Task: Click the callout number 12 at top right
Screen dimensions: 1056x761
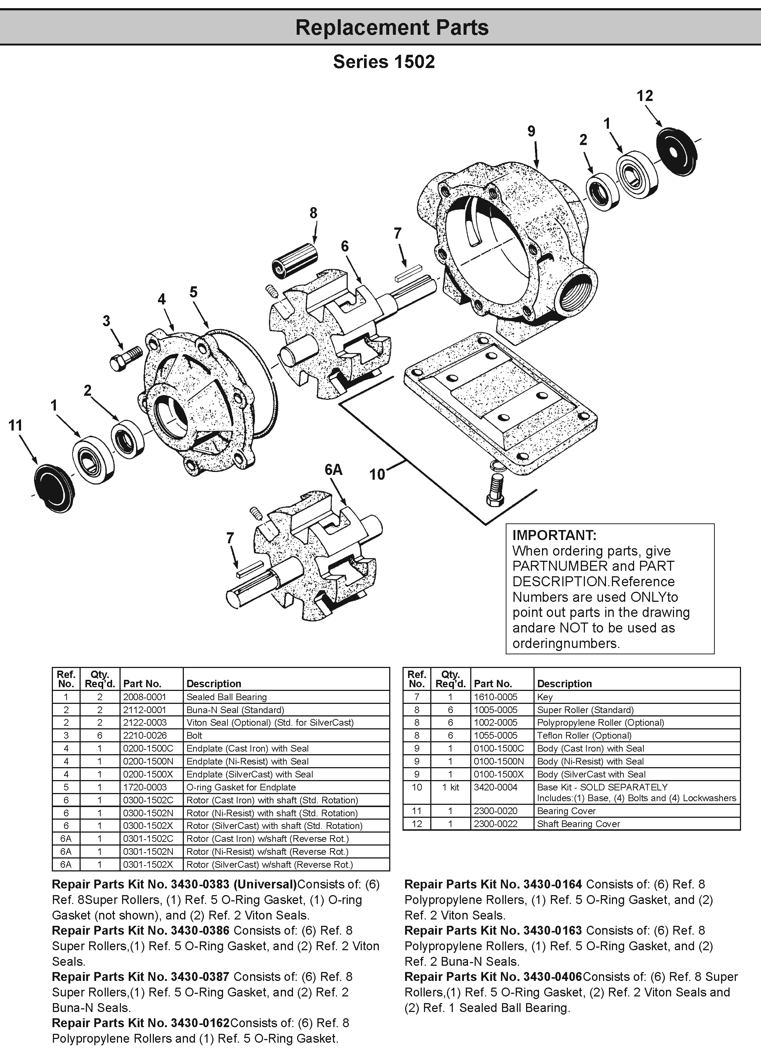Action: [644, 95]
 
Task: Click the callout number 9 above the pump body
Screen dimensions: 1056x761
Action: [531, 131]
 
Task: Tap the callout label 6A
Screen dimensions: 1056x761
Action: [333, 470]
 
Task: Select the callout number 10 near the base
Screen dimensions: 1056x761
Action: [377, 475]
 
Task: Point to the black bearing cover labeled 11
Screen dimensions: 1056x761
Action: [54, 487]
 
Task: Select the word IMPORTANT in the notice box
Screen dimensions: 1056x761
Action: [554, 535]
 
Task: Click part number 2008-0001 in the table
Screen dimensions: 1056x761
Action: [144, 697]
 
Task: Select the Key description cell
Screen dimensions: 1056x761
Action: [545, 697]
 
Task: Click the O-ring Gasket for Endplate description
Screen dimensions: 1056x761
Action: [241, 787]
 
